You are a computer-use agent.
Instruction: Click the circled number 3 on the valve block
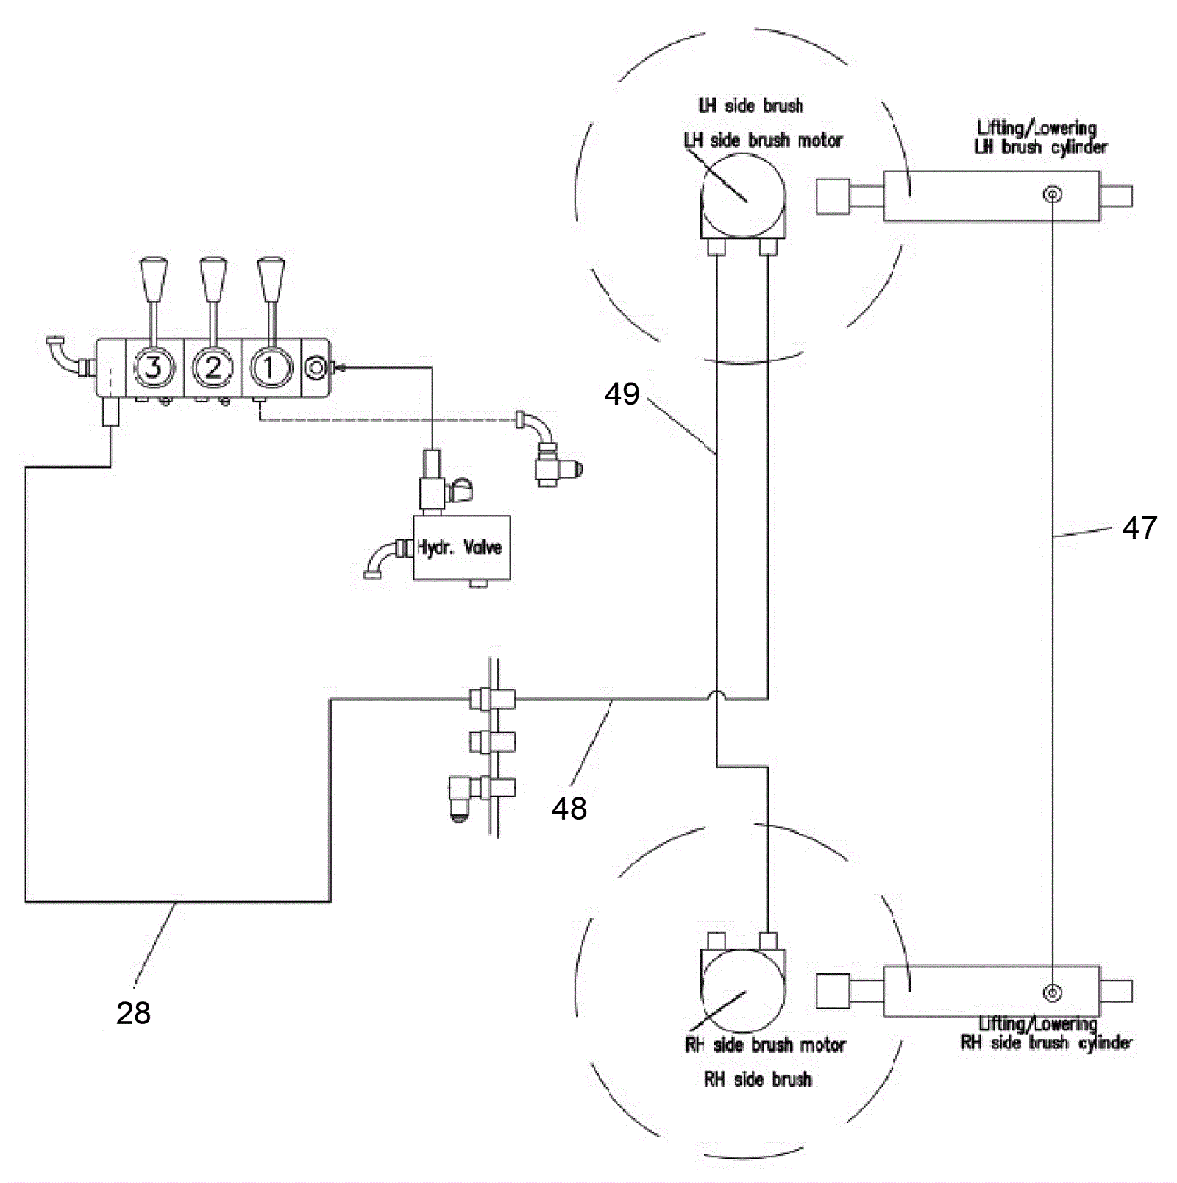coord(153,366)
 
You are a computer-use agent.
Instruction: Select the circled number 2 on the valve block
coord(213,366)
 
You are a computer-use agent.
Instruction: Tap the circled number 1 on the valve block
coord(271,366)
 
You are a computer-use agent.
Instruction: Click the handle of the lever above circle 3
coord(153,280)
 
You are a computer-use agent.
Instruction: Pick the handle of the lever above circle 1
coord(271,280)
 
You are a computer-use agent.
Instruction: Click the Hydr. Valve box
coord(461,547)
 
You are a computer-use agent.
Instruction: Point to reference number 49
coord(622,394)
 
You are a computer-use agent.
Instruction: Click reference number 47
coord(1139,527)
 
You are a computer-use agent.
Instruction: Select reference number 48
coord(569,808)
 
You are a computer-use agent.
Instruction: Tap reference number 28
coord(133,1012)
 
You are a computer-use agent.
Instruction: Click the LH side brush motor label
coord(763,140)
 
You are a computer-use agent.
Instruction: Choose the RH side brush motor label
coord(765,1045)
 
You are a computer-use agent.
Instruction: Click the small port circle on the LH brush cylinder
coord(1053,194)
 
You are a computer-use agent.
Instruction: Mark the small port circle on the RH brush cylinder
coord(1053,992)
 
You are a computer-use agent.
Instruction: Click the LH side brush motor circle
coord(743,196)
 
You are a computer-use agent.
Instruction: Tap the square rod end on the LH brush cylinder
coord(832,196)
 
